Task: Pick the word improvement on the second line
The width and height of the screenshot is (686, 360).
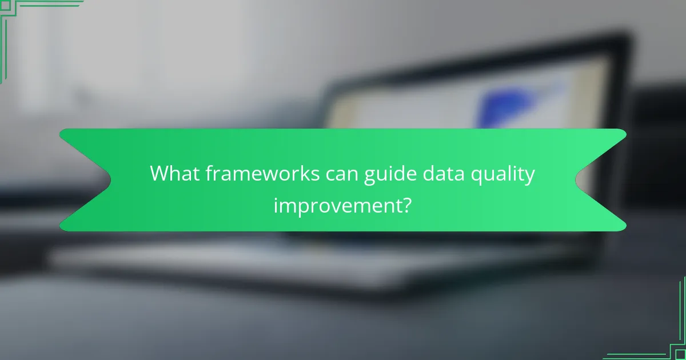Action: point(337,204)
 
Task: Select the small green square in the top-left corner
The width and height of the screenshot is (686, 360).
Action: point(6,6)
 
